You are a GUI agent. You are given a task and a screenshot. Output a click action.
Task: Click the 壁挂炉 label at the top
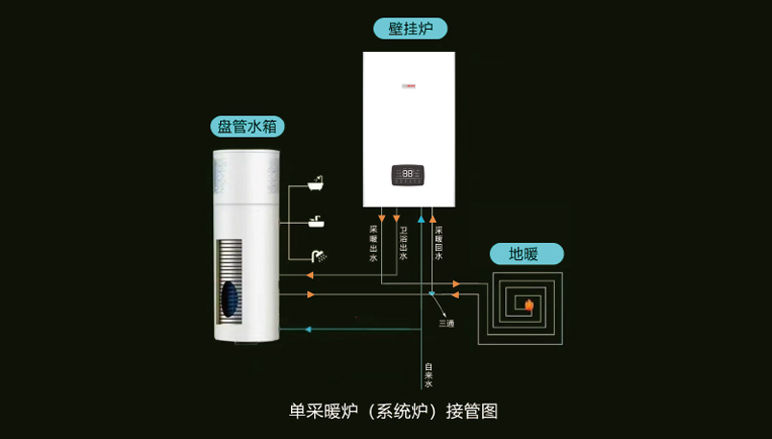[410, 29]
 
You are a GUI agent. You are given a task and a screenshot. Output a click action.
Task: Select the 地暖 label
[523, 254]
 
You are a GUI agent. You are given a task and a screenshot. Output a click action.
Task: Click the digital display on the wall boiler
[408, 175]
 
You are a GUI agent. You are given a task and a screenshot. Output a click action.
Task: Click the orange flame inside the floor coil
[528, 305]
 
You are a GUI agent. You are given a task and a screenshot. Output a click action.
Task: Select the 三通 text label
[446, 323]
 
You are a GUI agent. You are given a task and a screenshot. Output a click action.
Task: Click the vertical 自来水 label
[428, 375]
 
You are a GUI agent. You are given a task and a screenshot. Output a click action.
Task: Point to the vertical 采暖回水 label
[439, 243]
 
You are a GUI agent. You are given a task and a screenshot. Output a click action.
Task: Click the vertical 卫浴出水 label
[403, 243]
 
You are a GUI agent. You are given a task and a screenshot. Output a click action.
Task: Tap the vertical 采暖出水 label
[373, 243]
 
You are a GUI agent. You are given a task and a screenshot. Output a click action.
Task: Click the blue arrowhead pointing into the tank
[308, 329]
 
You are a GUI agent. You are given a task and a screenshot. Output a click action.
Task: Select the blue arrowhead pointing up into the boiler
[421, 220]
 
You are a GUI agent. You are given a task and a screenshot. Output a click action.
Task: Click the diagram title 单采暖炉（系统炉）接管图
[394, 410]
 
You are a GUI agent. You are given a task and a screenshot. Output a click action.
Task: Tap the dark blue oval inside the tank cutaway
[229, 299]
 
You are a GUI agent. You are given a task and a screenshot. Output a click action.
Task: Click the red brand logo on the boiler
[407, 88]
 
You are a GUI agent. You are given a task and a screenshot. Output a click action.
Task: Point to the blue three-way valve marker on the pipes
[432, 293]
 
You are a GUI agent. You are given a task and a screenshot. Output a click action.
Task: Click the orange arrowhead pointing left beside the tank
[311, 277]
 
